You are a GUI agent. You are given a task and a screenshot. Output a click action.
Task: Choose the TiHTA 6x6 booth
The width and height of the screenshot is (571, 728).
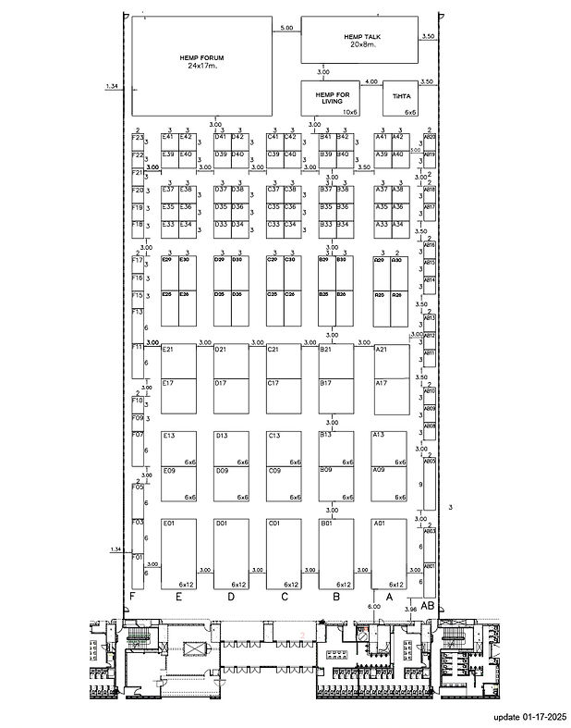pyautogui.click(x=401, y=97)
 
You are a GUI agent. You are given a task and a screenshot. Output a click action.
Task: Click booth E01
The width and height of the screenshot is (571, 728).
pyautogui.click(x=178, y=553)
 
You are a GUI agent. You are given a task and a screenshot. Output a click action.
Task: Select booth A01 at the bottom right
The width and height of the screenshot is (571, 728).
pyautogui.click(x=389, y=553)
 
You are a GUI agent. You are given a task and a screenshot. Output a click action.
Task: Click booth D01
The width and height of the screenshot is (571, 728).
pyautogui.click(x=231, y=553)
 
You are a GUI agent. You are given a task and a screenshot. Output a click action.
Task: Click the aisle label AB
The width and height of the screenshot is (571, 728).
pyautogui.click(x=428, y=605)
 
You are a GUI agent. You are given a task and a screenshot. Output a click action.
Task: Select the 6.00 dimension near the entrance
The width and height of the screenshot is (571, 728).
pyautogui.click(x=374, y=607)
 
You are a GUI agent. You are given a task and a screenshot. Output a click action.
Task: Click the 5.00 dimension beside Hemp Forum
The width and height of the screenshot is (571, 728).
pyautogui.click(x=286, y=29)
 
